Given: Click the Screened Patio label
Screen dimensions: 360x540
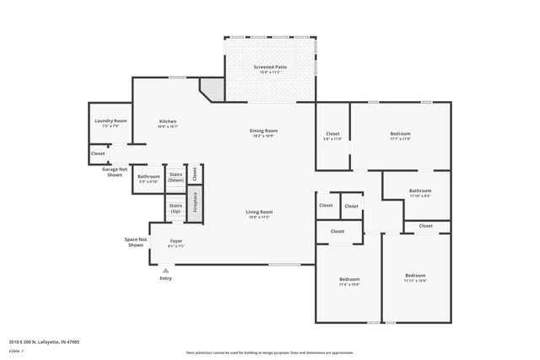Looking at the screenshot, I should [x=269, y=68].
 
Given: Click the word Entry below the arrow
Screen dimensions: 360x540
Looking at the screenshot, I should [x=165, y=279].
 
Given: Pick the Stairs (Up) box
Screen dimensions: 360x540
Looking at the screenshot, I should [x=175, y=207].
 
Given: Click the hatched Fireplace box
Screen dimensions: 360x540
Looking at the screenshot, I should [x=195, y=207].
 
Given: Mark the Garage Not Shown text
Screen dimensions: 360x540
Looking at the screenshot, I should [x=115, y=171].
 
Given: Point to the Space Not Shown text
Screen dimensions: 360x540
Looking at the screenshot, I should [x=136, y=242].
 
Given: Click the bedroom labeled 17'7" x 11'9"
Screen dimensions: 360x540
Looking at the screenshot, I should [x=400, y=136].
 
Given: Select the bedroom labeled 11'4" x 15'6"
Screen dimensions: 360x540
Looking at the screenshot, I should [x=349, y=282].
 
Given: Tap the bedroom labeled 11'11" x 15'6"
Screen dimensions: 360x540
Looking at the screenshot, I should [x=414, y=278].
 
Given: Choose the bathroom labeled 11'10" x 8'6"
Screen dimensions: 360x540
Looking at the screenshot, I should [x=419, y=193].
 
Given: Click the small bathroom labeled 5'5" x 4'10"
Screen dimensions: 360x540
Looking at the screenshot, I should [x=148, y=179].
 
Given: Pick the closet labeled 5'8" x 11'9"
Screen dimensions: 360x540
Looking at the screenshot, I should [x=332, y=136].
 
